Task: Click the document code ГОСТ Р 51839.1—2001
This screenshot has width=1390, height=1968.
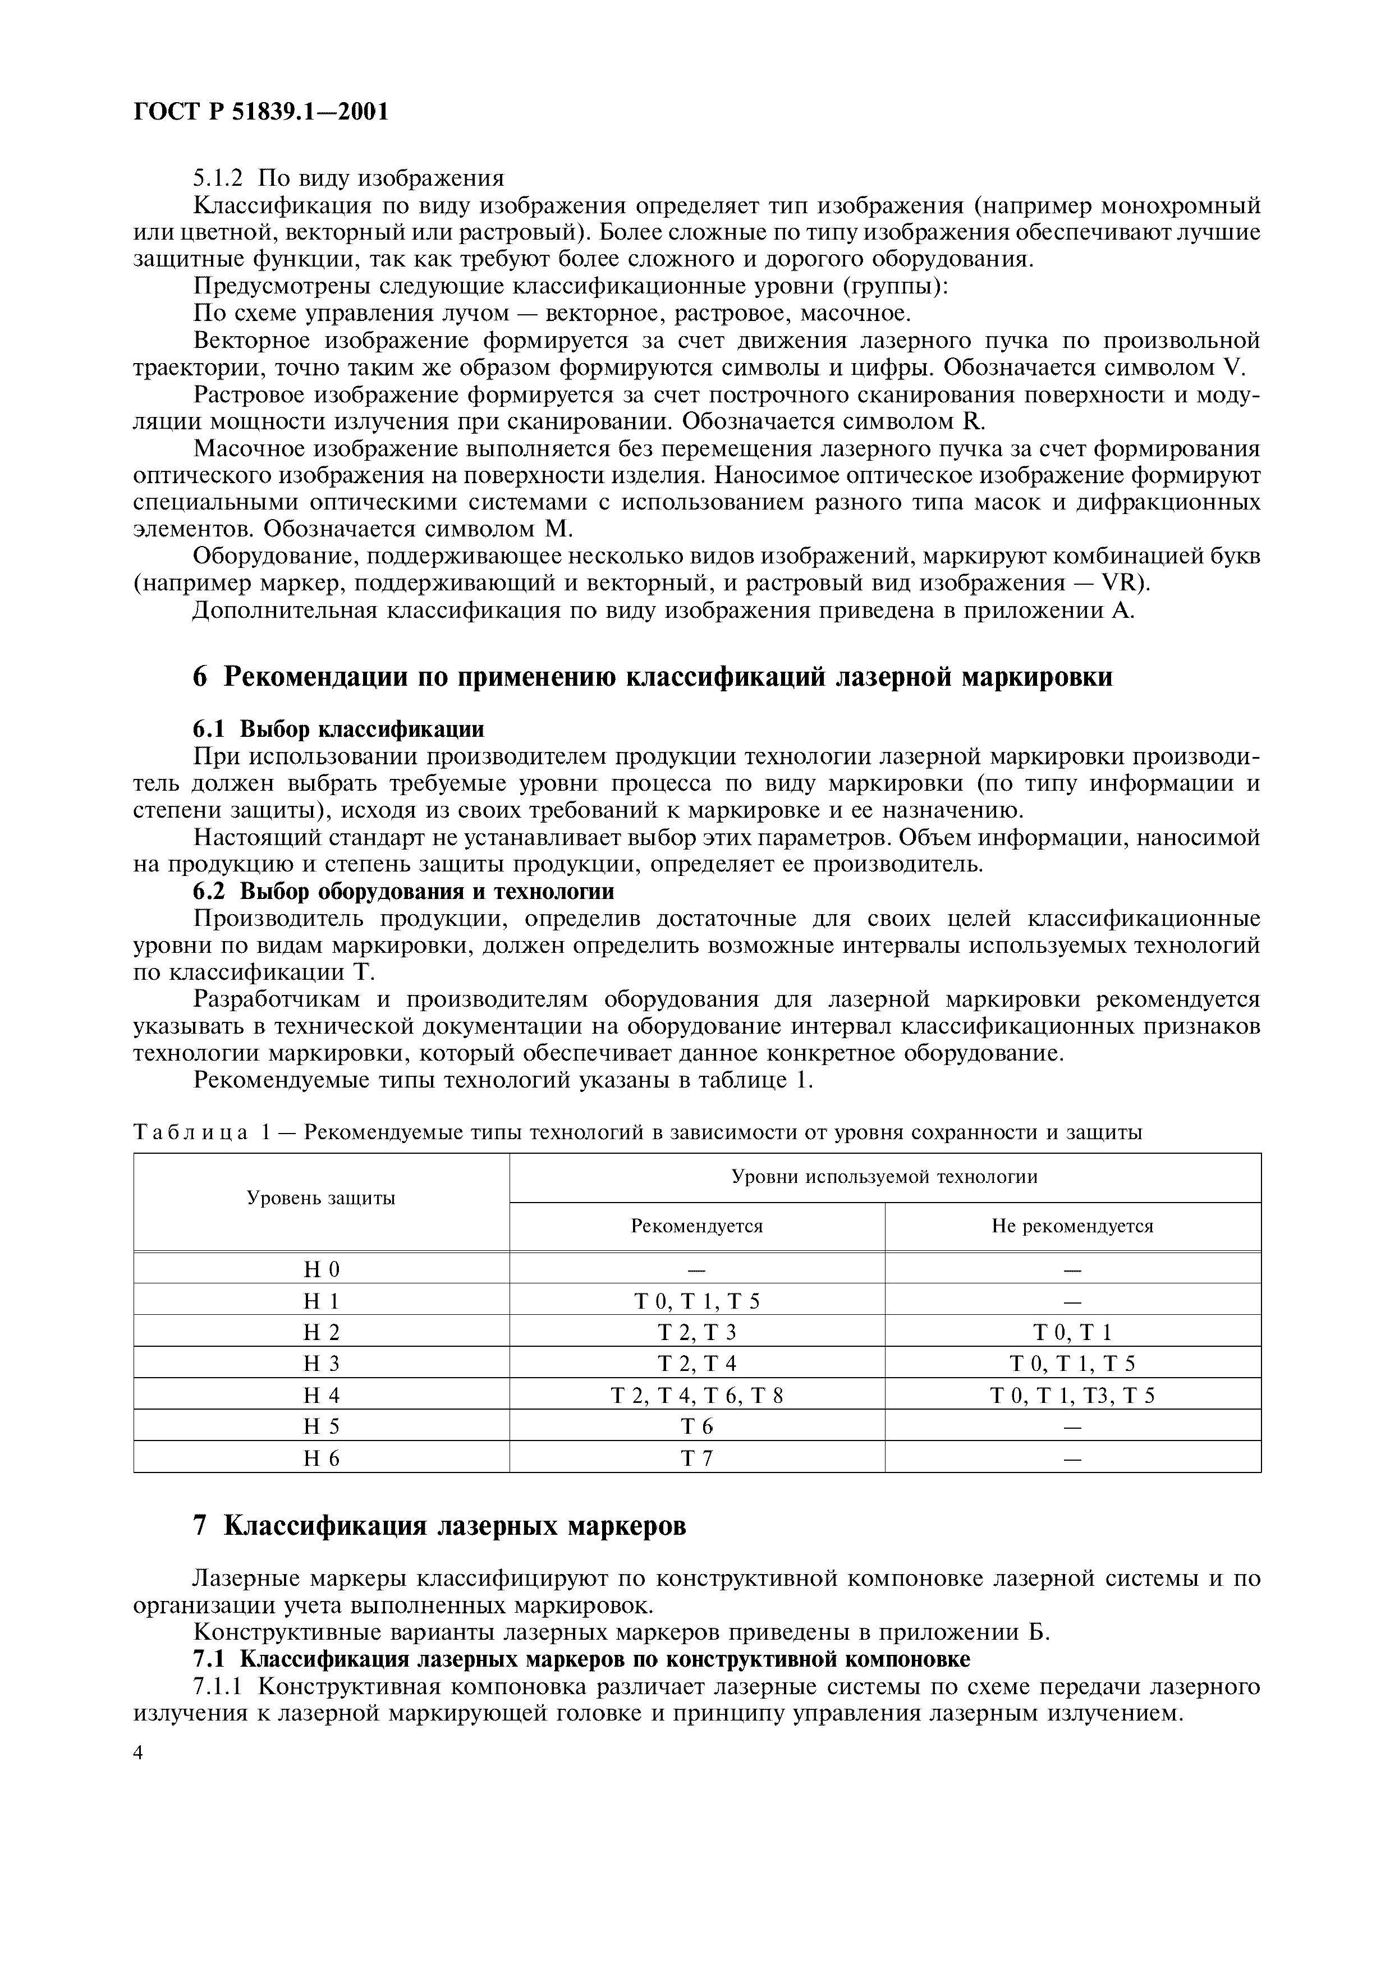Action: (x=262, y=112)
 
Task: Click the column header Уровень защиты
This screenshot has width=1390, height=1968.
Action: (x=322, y=1198)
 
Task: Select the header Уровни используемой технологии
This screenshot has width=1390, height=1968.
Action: (x=884, y=1177)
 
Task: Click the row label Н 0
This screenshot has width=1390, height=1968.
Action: (x=322, y=1269)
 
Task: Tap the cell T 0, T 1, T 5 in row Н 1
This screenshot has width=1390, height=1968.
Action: (x=697, y=1301)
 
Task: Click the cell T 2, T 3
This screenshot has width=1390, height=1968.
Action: (x=697, y=1333)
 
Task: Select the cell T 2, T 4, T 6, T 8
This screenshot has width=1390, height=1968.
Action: (x=697, y=1396)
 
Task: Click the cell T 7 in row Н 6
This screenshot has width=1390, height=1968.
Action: (x=697, y=1458)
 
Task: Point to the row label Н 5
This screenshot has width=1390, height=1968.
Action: (x=322, y=1426)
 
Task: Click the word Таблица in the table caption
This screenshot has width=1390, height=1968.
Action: (x=190, y=1133)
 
